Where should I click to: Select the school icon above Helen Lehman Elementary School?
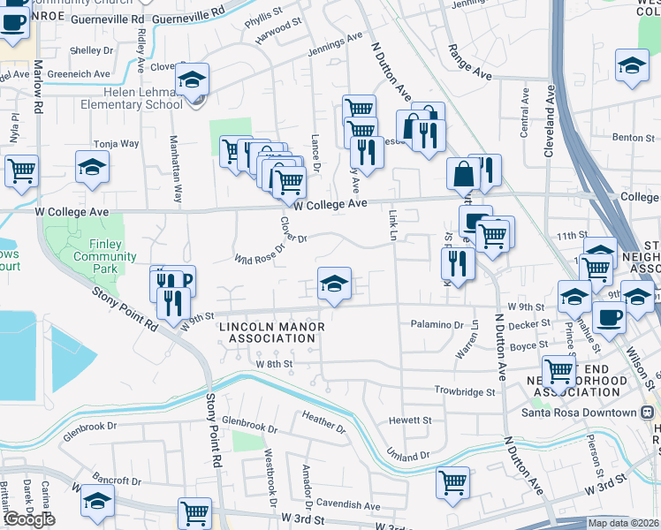point(192,79)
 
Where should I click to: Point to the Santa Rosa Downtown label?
point(590,413)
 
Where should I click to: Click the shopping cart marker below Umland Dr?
point(452,482)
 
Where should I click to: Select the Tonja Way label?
point(117,143)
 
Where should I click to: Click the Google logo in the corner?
point(29,519)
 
